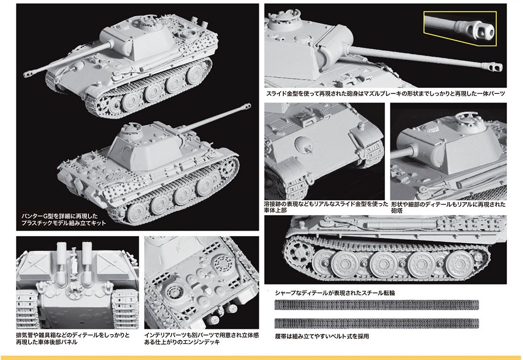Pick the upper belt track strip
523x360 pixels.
[377, 304]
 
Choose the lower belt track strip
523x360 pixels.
[377, 323]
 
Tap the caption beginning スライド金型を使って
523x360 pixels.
[385, 94]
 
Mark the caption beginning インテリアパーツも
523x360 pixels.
[201, 338]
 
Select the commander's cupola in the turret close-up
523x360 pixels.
[467, 119]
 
